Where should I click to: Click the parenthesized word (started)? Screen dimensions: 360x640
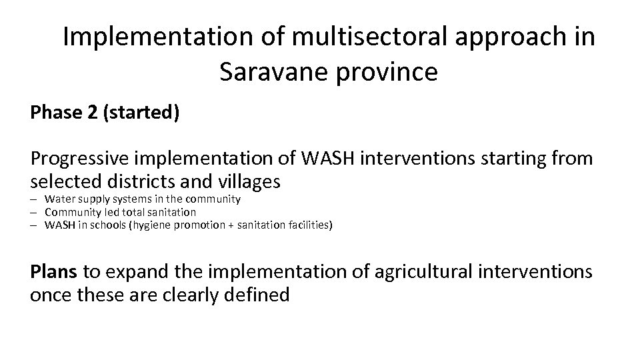click(x=141, y=113)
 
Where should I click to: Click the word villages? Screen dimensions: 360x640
click(x=245, y=181)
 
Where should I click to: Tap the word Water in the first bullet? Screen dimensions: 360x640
click(x=59, y=199)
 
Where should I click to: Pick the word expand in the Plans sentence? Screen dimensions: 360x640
click(x=140, y=271)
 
